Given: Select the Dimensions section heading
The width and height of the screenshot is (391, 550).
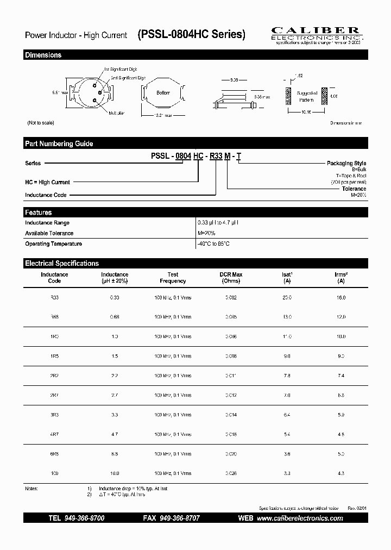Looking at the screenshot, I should point(43,55).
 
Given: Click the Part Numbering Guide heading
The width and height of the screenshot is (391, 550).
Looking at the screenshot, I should point(59,143).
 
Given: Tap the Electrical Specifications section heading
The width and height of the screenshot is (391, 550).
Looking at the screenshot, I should point(62,263).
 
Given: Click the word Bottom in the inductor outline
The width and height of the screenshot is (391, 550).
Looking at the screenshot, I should point(163,93).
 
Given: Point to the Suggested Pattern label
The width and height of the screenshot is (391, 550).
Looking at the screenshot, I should point(306,96).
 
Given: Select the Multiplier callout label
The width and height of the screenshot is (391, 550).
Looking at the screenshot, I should point(117,113).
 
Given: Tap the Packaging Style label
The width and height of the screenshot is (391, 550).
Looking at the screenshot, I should point(346,163).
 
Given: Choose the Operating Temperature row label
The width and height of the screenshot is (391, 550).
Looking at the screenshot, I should point(54,244).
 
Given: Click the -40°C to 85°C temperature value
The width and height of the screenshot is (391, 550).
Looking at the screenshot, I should point(213,244).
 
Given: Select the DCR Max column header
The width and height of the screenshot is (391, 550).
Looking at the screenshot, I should point(231,278).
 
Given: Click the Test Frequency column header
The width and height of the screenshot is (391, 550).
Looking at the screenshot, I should point(173,278).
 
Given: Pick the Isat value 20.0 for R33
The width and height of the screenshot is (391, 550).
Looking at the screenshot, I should point(287,298).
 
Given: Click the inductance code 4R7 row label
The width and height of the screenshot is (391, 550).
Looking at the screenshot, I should point(54,434).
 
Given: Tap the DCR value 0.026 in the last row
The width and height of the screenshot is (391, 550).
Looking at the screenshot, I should point(231,473).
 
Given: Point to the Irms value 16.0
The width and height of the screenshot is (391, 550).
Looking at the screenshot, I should point(340,298).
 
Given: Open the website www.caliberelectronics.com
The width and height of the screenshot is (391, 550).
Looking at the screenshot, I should point(299,518).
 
